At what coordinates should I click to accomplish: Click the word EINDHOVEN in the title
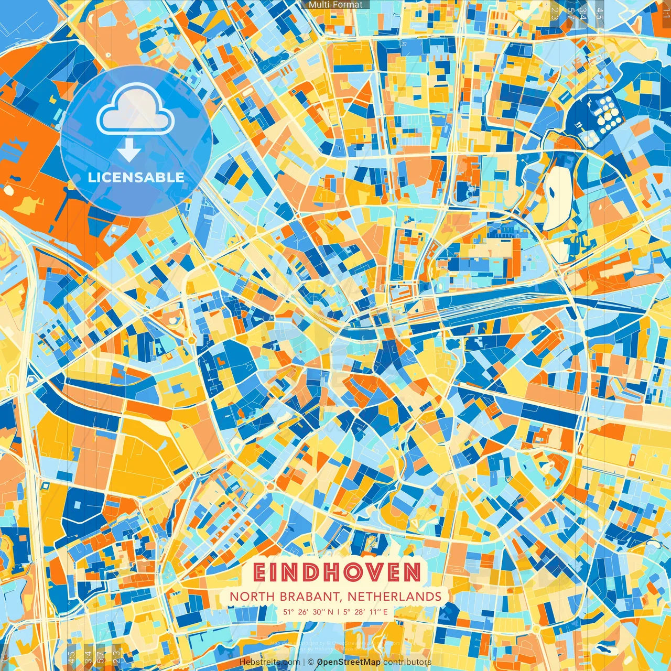pyautogui.click(x=337, y=572)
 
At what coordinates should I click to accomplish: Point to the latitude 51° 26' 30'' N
pyautogui.click(x=308, y=612)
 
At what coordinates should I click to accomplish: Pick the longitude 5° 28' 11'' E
pyautogui.click(x=366, y=612)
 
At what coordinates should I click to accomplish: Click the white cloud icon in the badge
pyautogui.click(x=136, y=110)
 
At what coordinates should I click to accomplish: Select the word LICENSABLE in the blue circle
pyautogui.click(x=136, y=177)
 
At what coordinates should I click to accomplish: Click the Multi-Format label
pyautogui.click(x=335, y=5)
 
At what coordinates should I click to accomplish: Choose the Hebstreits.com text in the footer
pyautogui.click(x=269, y=662)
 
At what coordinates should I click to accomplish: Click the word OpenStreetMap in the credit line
pyautogui.click(x=349, y=662)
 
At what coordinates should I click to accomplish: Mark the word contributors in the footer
pyautogui.click(x=407, y=662)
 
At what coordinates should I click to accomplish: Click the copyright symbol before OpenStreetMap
pyautogui.click(x=310, y=662)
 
